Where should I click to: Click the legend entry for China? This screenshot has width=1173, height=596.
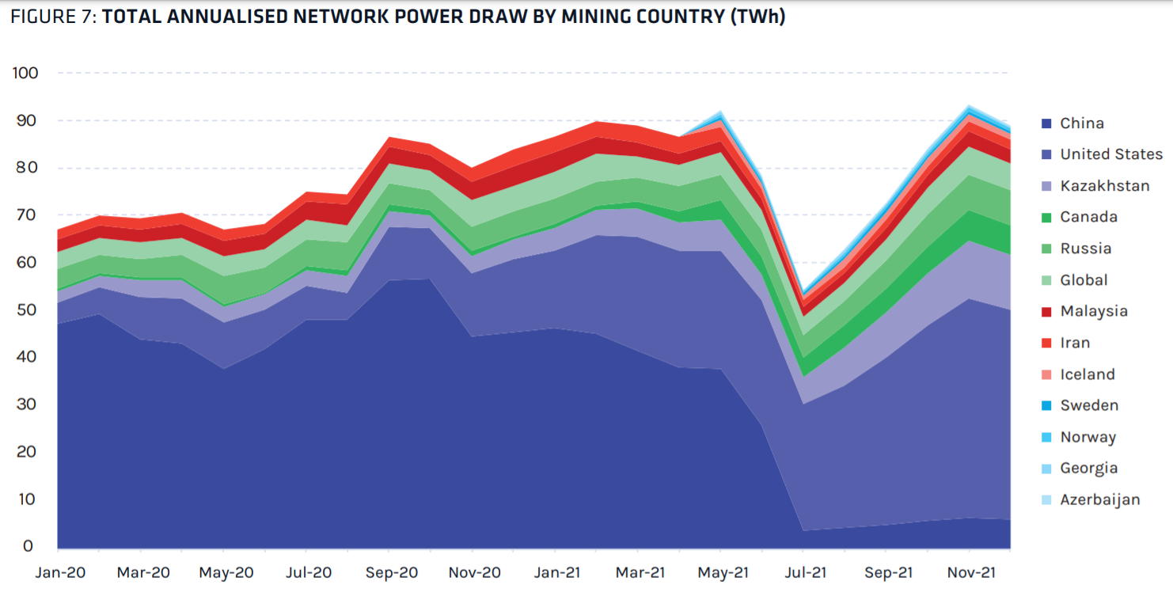(x=1082, y=123)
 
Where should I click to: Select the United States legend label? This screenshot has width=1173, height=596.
(x=1111, y=154)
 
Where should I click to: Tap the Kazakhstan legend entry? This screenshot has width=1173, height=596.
(x=1104, y=186)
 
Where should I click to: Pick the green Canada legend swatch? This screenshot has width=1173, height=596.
(x=1046, y=218)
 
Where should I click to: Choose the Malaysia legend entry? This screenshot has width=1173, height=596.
(x=1093, y=311)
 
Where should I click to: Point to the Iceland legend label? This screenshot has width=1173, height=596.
(x=1088, y=374)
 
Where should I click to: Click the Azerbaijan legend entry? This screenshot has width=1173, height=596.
(x=1099, y=499)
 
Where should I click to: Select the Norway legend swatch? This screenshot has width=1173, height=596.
(x=1046, y=437)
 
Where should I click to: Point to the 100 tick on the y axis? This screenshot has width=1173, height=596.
(x=25, y=73)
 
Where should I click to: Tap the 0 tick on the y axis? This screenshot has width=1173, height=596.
(x=28, y=546)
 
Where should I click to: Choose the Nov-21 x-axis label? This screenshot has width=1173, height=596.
(x=970, y=572)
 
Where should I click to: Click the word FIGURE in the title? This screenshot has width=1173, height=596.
(x=44, y=17)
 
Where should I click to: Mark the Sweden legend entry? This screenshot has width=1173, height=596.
(x=1089, y=405)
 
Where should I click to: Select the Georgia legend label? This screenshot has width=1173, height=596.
(x=1089, y=468)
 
